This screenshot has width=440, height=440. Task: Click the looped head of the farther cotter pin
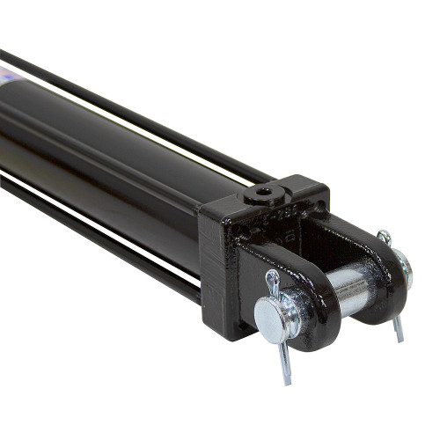[384, 237]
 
